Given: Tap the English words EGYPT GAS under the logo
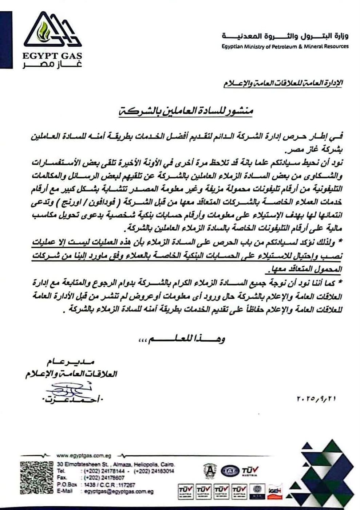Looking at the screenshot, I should [x=52, y=56].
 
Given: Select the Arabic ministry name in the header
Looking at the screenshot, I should [x=285, y=37].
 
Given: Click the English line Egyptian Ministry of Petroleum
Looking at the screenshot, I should [x=285, y=46].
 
